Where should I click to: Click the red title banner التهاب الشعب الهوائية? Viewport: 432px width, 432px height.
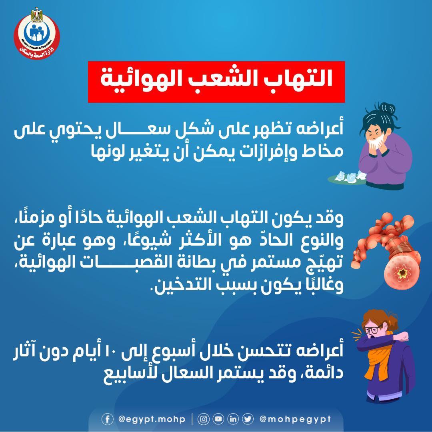coord(216,82)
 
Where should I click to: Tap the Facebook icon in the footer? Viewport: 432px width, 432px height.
coord(107,419)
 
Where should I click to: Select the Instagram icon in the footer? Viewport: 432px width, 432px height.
coord(204,419)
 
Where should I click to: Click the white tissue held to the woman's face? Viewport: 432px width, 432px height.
coord(374,140)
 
